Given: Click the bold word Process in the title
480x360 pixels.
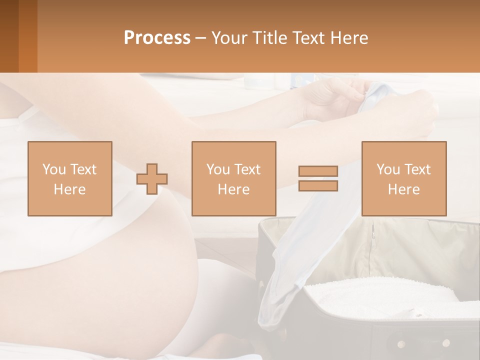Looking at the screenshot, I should coord(157,38).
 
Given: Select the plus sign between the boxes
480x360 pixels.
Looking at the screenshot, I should coord(152,178).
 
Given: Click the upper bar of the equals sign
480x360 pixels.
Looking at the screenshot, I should coord(318,171).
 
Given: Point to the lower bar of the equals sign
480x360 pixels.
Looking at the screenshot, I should coord(318,185).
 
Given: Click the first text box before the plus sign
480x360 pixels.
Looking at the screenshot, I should coord(70,178).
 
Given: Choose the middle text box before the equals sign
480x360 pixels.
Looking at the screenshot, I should coord(234,178).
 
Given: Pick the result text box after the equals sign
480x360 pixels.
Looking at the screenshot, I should coord(404,178).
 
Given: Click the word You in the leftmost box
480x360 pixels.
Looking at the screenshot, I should coord(54,169).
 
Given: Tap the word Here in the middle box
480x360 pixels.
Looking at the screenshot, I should coord(234,189).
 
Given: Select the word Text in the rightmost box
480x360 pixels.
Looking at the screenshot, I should coord(417,169).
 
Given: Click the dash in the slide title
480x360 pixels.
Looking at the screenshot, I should coord(201,38).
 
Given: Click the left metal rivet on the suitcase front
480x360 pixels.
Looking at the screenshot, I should coord(400,343).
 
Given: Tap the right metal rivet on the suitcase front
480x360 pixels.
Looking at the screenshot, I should coord(446,343).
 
